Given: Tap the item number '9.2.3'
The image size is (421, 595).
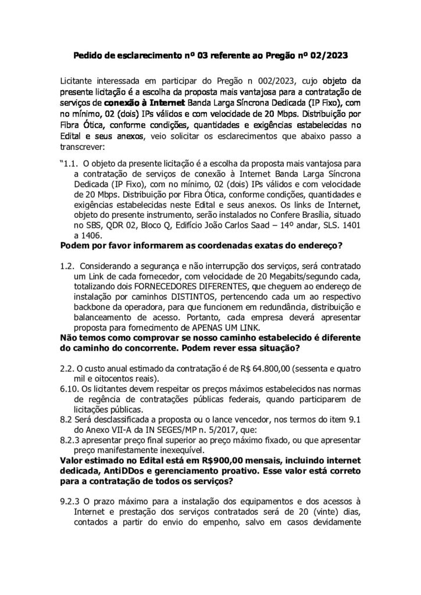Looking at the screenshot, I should click(x=71, y=506).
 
